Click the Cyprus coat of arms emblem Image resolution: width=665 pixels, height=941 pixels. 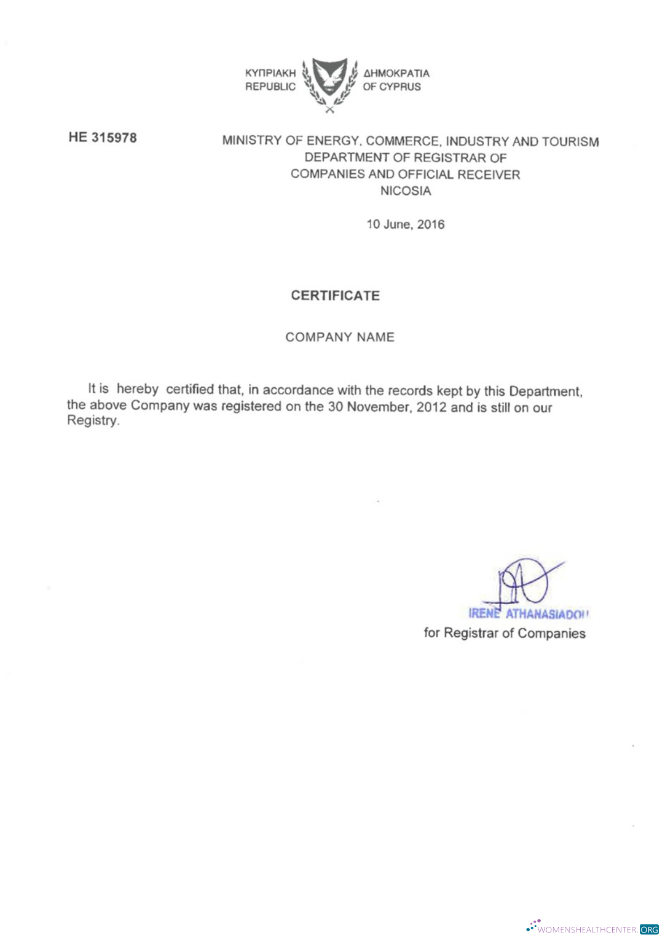[330, 84]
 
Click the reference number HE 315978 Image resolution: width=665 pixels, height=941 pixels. [103, 138]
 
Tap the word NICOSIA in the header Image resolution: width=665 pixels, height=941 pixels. [406, 191]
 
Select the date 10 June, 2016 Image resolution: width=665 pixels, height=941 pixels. [405, 224]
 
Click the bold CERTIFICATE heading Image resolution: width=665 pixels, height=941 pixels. [336, 296]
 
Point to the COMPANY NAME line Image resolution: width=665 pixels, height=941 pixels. [340, 337]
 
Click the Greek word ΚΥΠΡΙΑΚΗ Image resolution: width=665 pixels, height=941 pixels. [270, 73]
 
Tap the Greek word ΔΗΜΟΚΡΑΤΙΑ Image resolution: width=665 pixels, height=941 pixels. [396, 73]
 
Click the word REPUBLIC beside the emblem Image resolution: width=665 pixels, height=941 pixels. [270, 87]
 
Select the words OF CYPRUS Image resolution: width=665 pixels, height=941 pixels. [392, 87]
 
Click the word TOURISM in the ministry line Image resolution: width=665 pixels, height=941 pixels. [570, 142]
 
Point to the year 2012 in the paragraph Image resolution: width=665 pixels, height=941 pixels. [431, 407]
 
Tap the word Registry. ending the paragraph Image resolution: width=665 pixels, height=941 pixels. [93, 421]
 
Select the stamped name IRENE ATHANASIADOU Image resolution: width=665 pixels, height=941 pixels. [529, 614]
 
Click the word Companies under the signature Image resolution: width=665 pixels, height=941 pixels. [551, 633]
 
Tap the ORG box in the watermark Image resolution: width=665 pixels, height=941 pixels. [649, 929]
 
